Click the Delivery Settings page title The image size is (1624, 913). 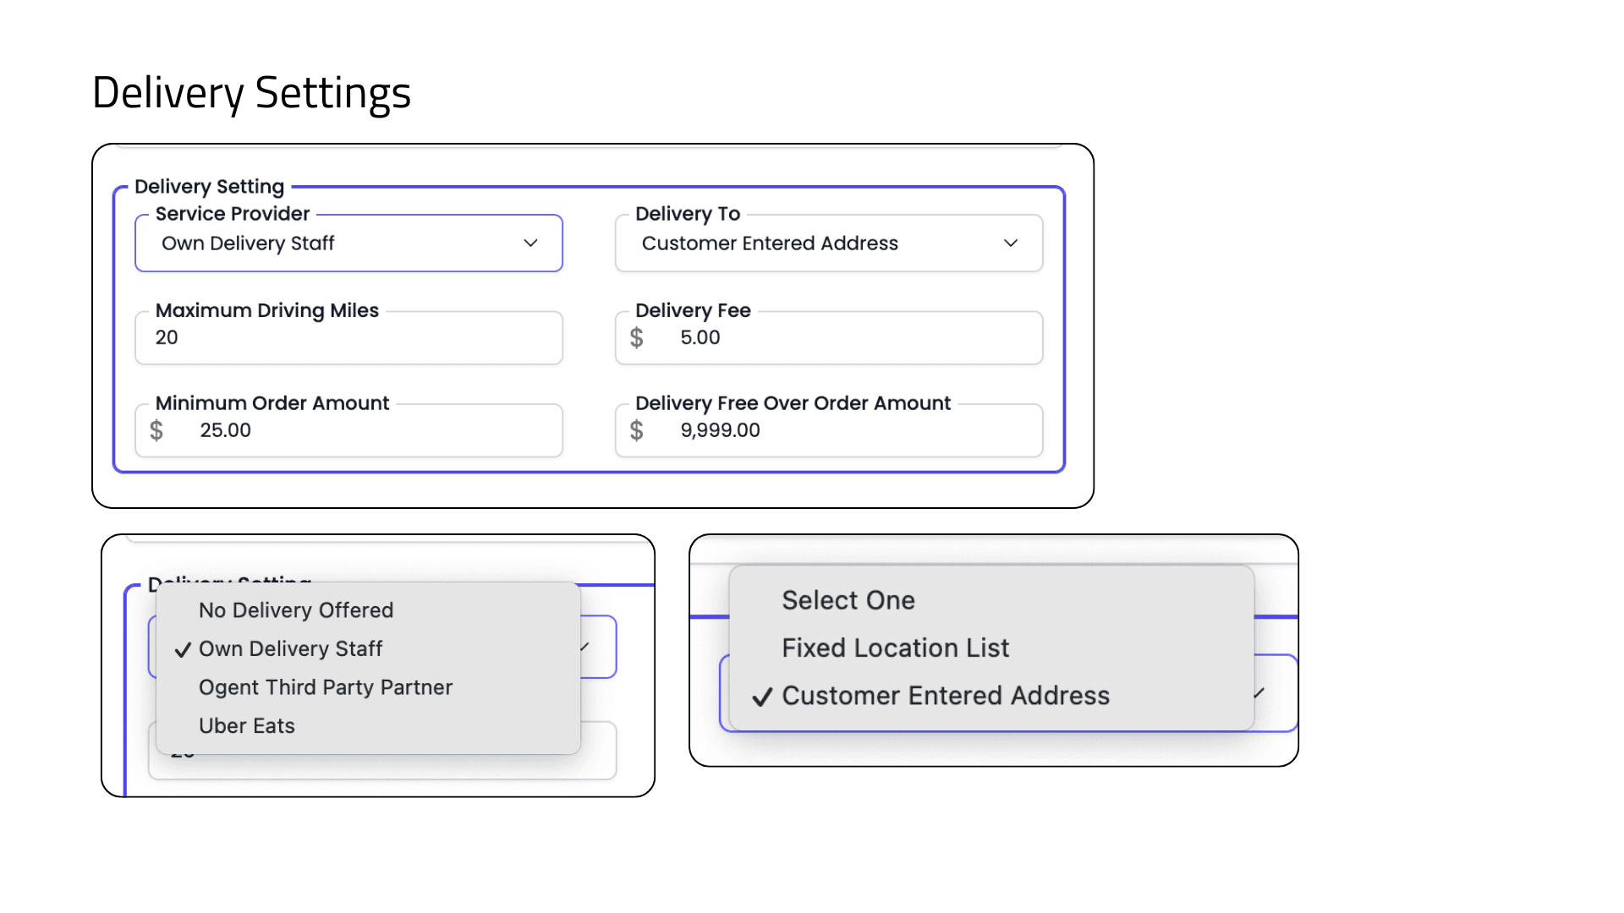click(x=251, y=93)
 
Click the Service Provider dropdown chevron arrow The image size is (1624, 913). click(x=530, y=243)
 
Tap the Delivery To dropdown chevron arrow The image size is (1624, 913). click(x=1010, y=243)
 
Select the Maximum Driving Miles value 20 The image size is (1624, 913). click(x=167, y=337)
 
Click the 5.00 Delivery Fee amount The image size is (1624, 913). click(x=700, y=337)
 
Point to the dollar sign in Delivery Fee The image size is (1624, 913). click(x=637, y=338)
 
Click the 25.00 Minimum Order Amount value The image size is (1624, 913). click(x=225, y=430)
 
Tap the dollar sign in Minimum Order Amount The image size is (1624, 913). click(x=156, y=431)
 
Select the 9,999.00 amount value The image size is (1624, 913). click(x=720, y=430)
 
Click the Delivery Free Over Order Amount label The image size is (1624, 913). click(x=793, y=403)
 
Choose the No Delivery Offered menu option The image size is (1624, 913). click(x=296, y=610)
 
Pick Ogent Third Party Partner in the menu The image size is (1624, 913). click(x=326, y=687)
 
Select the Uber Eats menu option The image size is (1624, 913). click(x=247, y=726)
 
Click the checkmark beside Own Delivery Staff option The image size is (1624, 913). click(x=183, y=650)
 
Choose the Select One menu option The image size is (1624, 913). click(x=848, y=600)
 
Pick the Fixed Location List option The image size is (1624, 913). click(x=895, y=648)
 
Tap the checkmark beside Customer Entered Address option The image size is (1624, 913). click(x=762, y=697)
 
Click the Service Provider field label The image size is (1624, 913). click(x=233, y=214)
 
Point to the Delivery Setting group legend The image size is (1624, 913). click(x=209, y=187)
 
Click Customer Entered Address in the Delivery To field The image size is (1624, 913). click(x=770, y=243)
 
